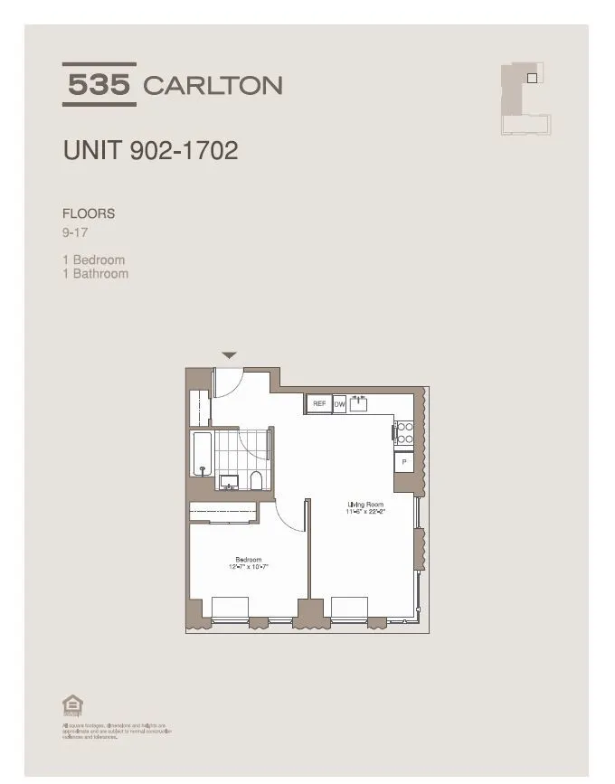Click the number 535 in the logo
pos(99,85)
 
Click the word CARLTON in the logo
pos(213,86)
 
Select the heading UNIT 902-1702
pos(150,150)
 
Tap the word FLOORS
pos(89,214)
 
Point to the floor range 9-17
pos(75,231)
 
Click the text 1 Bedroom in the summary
pos(93,260)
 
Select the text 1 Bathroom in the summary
pos(95,273)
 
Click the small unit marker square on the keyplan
pos(532,78)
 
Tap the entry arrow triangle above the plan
pos(230,355)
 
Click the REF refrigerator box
pos(319,404)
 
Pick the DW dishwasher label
pos(340,404)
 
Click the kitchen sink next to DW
pos(361,402)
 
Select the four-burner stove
pos(404,433)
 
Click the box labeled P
pos(404,461)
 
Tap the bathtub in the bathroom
pos(201,454)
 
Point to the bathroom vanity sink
pos(229,481)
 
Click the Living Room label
pos(365,504)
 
